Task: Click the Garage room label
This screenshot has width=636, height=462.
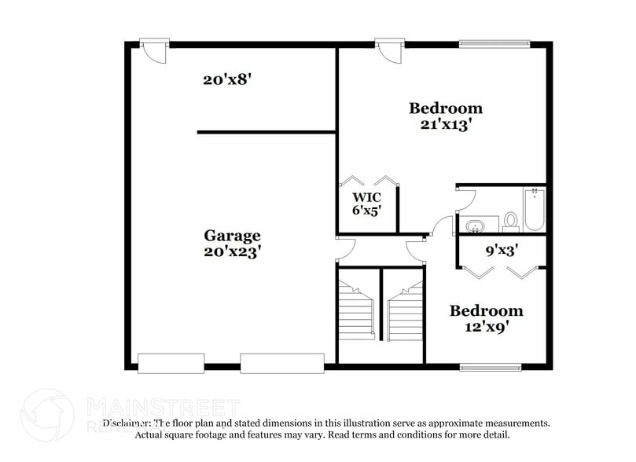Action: (232, 235)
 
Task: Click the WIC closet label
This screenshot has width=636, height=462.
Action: (366, 196)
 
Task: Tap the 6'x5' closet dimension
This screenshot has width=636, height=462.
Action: (366, 211)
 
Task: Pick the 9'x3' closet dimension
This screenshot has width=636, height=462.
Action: (501, 251)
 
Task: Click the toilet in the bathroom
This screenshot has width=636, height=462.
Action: (511, 220)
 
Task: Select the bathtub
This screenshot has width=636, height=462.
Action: (535, 210)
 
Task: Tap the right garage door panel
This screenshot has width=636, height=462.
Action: (282, 363)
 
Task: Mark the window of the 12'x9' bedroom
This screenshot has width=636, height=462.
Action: (491, 367)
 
